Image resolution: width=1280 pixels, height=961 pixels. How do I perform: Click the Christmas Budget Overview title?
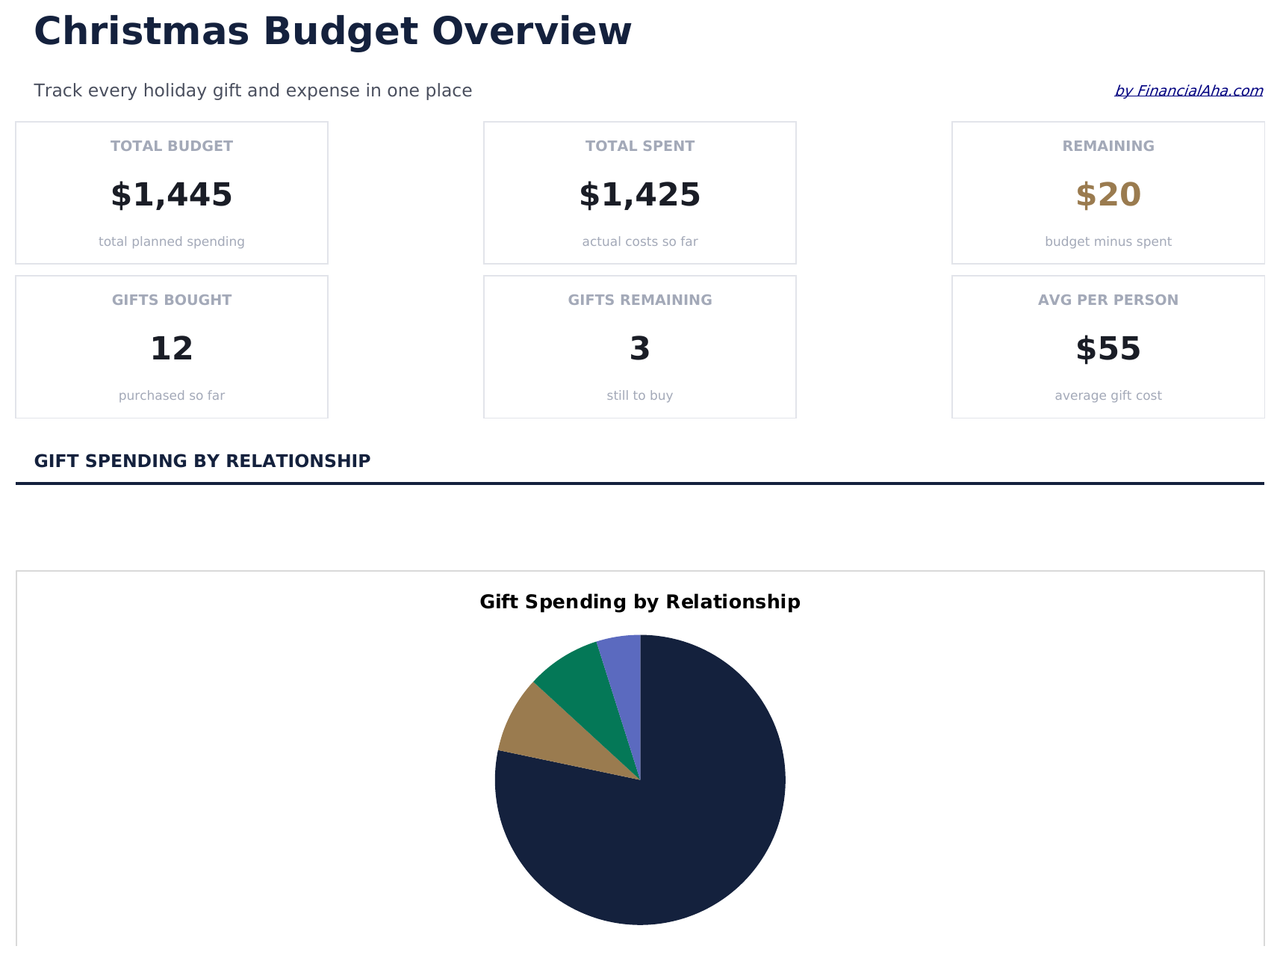tap(332, 32)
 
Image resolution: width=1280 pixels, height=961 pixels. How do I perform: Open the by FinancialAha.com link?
tap(1188, 91)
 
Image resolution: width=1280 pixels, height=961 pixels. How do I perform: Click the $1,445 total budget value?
tap(172, 195)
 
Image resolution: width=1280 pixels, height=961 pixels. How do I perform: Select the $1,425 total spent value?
tap(640, 195)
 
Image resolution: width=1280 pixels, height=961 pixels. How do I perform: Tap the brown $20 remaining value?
tap(1108, 195)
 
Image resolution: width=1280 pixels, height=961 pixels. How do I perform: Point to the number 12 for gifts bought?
tap(172, 349)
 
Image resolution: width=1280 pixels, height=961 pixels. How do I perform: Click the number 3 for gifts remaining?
tap(640, 349)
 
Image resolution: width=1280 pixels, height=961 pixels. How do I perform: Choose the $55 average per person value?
tap(1108, 349)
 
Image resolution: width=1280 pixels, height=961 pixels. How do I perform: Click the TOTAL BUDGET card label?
tap(172, 146)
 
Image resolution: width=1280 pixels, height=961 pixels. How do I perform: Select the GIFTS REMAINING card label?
tap(640, 300)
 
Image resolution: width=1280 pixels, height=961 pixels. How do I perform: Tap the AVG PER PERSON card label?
tap(1108, 300)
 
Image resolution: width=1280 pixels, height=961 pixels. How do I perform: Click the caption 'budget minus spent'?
tap(1108, 242)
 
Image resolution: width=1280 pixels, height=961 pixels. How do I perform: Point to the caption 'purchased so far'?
tap(172, 396)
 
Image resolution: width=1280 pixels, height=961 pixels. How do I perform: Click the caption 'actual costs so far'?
tap(640, 242)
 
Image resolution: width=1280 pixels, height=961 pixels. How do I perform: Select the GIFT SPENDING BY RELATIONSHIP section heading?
tap(202, 461)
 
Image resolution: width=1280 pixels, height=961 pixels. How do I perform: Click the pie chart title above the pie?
tap(640, 602)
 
